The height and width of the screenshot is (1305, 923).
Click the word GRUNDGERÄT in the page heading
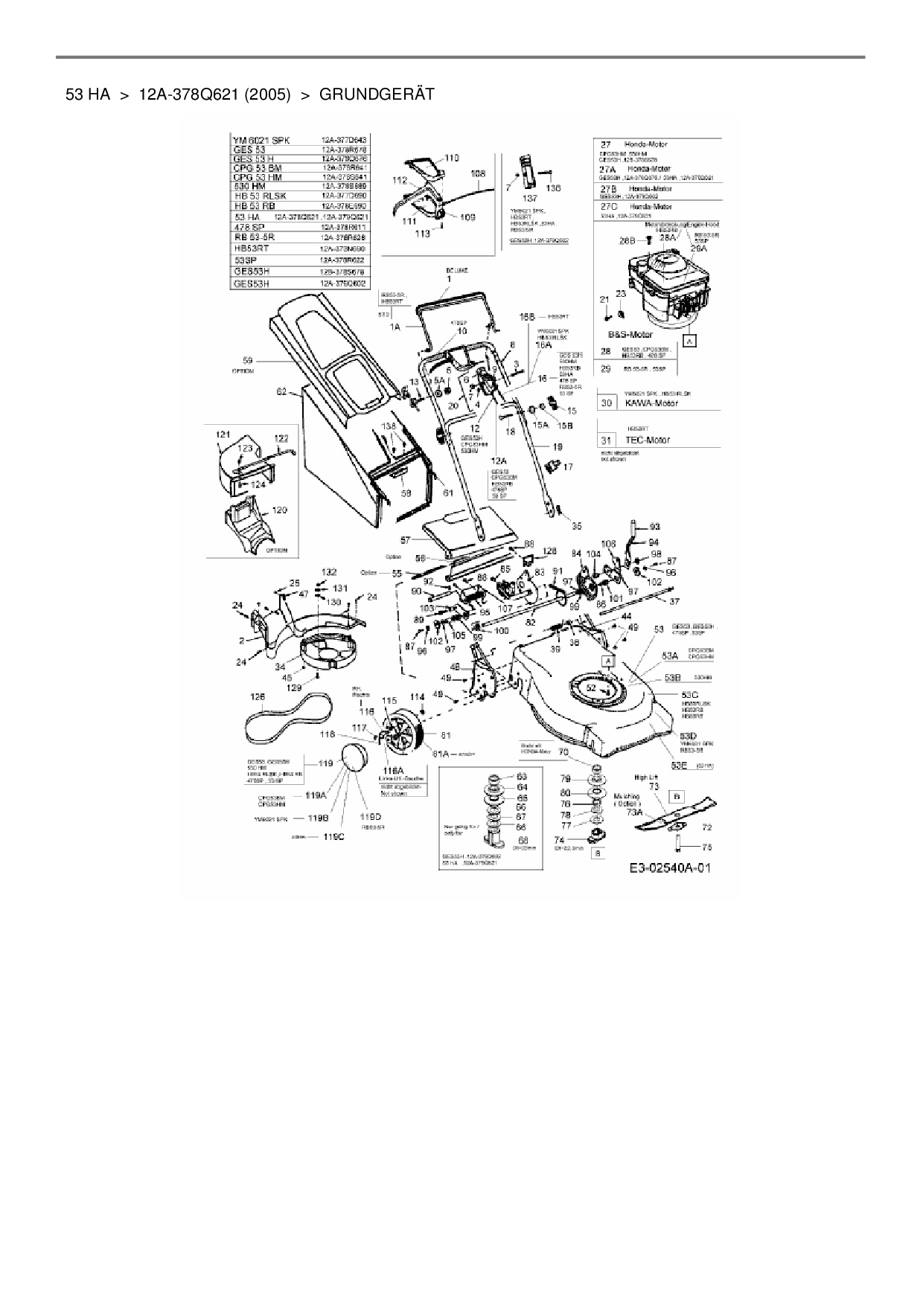point(376,94)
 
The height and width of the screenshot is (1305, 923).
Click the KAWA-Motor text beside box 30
point(651,403)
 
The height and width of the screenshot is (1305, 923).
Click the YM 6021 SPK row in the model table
point(262,140)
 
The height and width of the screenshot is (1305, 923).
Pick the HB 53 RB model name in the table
point(255,205)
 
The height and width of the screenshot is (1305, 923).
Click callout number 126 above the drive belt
point(258,697)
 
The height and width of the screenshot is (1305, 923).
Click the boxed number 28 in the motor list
point(606,351)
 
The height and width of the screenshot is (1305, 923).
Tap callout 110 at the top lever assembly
point(452,158)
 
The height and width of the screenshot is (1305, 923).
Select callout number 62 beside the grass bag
point(281,391)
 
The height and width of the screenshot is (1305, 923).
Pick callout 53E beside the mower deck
point(679,764)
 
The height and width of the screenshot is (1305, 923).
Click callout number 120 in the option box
point(280,510)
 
